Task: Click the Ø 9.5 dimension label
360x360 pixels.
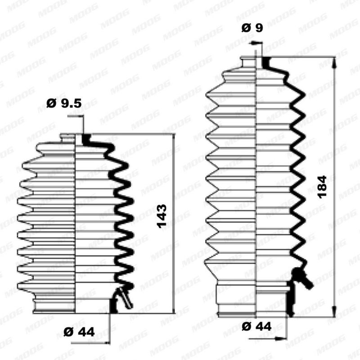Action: [64, 103]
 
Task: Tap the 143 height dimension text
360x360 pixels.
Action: [162, 216]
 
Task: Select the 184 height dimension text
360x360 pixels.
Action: [322, 187]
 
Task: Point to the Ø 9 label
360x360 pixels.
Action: [252, 28]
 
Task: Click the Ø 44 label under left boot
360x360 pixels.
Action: [79, 332]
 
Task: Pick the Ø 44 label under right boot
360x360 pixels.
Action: [256, 326]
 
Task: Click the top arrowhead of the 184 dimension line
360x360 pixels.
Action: [334, 62]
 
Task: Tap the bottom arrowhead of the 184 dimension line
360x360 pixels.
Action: [334, 311]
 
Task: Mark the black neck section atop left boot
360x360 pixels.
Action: [86, 139]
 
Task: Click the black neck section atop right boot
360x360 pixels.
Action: [266, 62]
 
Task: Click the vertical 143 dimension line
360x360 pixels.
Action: [174, 224]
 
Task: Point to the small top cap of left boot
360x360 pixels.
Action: [68, 139]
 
